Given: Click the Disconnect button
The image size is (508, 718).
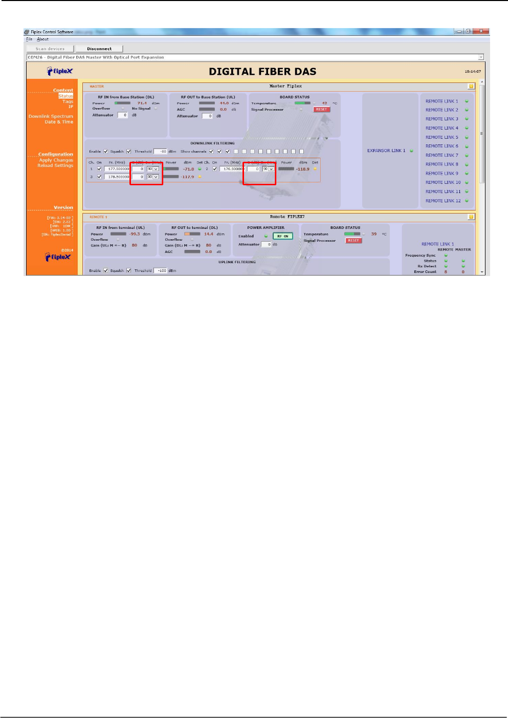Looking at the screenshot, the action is point(99,49).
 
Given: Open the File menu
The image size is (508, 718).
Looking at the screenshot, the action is point(29,39).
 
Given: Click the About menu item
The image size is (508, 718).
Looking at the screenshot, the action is point(43,39).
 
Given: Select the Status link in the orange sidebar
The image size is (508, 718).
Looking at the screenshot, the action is point(65,96).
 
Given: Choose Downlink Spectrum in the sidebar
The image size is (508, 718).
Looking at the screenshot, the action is point(51,116).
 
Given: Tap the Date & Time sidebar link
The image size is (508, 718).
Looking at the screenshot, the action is point(59,122).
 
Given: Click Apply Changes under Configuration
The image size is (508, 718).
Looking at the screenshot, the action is point(56,160).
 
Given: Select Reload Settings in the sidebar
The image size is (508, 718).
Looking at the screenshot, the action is point(55,165).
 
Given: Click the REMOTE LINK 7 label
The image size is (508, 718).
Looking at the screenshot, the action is point(442,155).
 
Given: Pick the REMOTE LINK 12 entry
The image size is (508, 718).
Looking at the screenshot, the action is point(443,201).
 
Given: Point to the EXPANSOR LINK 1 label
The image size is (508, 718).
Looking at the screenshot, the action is point(386,151).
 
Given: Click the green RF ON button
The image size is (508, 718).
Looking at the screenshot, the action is point(283,236).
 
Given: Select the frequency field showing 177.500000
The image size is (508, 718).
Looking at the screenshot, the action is point(117,168).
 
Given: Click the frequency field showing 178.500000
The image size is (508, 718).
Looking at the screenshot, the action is point(117,177).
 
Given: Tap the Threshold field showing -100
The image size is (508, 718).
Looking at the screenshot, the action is point(161,270).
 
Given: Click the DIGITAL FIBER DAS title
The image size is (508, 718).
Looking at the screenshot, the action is point(262,72).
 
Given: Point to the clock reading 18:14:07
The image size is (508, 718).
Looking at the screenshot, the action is point(472,72).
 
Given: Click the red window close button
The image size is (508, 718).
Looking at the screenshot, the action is point(480,31).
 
